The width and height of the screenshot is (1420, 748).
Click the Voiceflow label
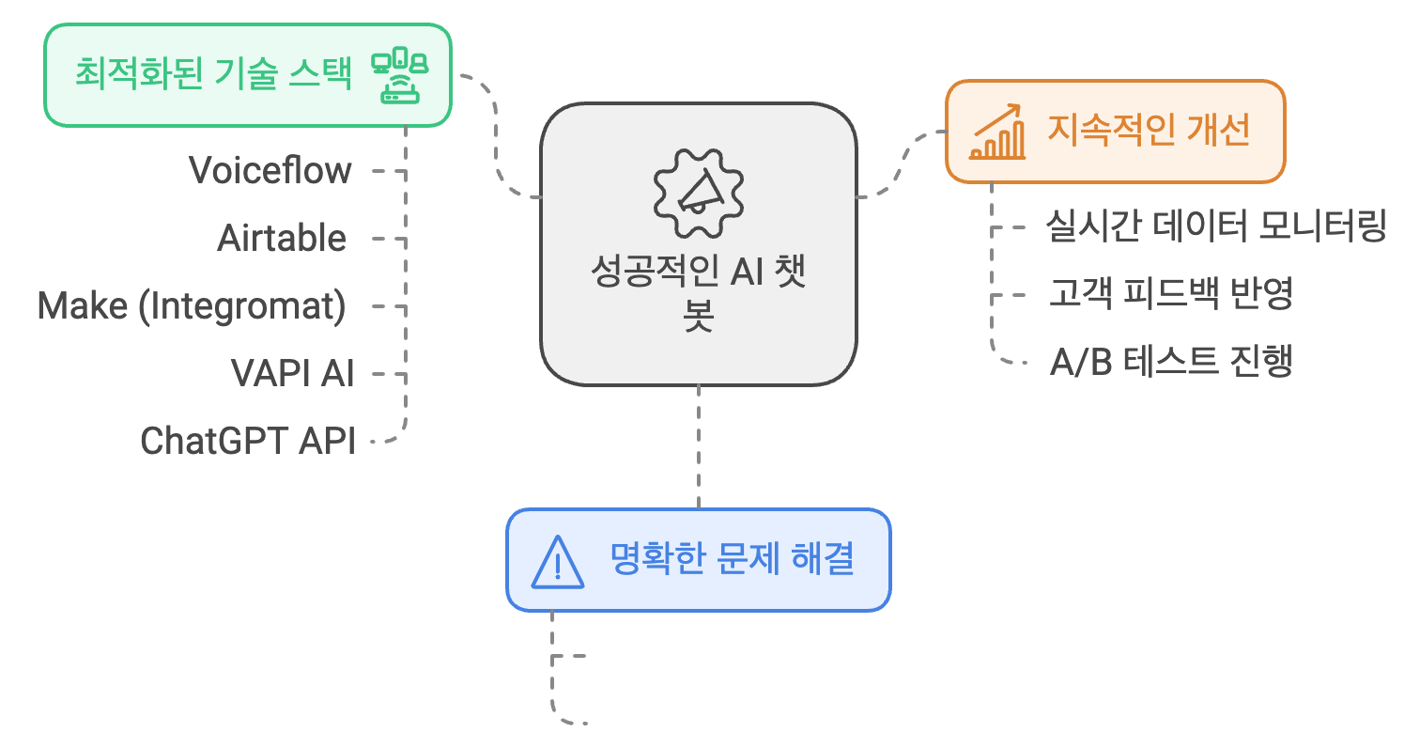click(x=270, y=171)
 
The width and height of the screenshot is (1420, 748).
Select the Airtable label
click(x=282, y=239)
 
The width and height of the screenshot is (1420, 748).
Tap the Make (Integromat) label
click(x=192, y=306)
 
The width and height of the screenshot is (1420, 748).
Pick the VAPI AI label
click(x=293, y=374)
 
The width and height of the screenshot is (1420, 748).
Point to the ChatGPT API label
click(x=248, y=441)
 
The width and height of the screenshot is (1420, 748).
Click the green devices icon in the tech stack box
click(x=399, y=75)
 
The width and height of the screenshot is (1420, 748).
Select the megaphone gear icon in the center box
click(x=698, y=192)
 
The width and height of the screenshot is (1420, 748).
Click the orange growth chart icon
click(x=998, y=132)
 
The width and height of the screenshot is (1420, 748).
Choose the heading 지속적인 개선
click(x=1149, y=132)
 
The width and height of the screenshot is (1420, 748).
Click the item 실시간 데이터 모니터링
click(x=1216, y=227)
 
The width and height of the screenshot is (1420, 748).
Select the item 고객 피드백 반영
click(x=1171, y=294)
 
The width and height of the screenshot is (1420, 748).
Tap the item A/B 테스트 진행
click(x=1171, y=362)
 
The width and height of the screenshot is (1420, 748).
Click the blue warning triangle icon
click(x=557, y=561)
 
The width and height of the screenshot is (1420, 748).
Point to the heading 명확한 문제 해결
click(x=732, y=561)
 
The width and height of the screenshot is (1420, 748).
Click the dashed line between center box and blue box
click(x=699, y=446)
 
